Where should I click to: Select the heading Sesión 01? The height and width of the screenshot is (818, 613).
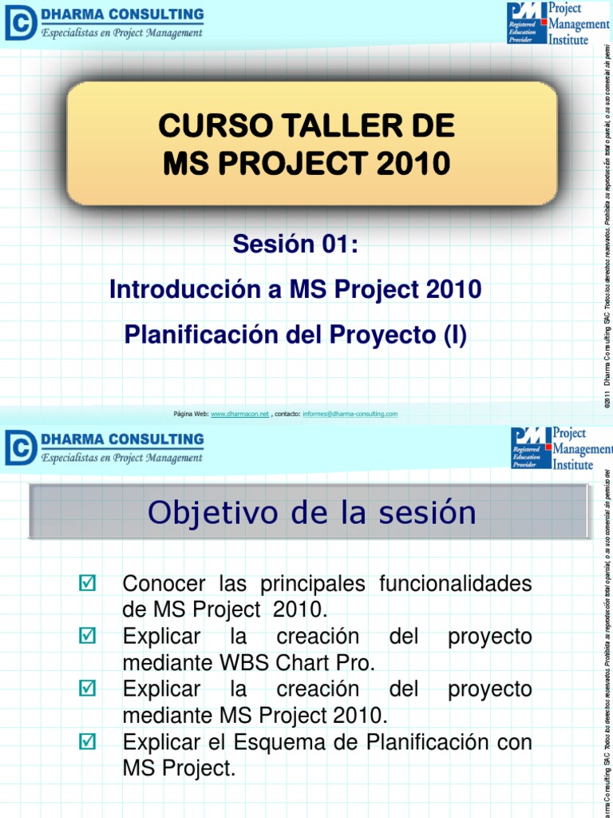[295, 244]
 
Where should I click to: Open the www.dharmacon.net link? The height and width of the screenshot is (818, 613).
[239, 414]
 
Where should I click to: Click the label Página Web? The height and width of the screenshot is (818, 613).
[191, 414]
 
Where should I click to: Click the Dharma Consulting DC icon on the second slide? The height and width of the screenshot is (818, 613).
[20, 447]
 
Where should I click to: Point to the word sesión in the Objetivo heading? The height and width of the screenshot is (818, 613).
[432, 513]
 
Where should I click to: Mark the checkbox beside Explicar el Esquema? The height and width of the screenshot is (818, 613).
[88, 743]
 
